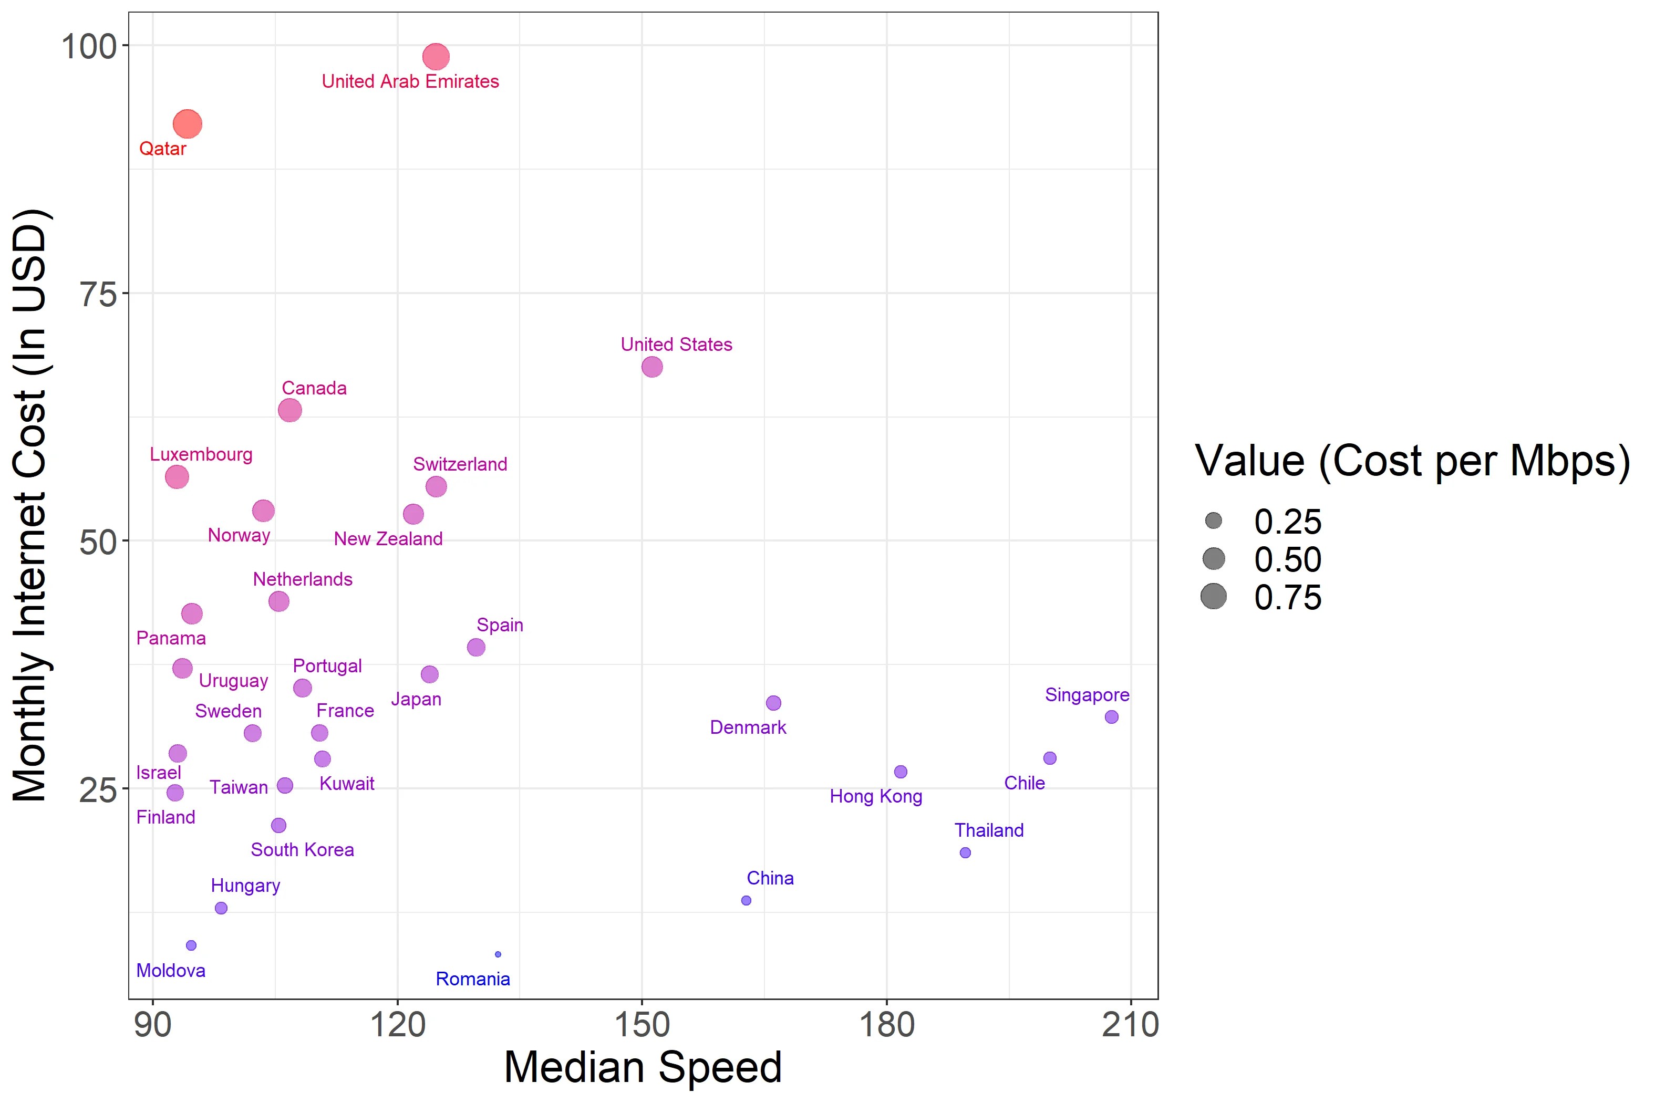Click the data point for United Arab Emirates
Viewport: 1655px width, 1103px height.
tap(436, 56)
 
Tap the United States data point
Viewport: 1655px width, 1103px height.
tap(653, 367)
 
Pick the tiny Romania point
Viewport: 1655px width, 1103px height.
tap(498, 954)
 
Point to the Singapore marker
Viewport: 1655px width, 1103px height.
tap(1112, 717)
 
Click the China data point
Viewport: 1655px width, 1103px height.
tap(747, 900)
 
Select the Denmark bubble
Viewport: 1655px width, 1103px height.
tap(773, 703)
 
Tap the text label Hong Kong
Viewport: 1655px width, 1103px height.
tap(875, 796)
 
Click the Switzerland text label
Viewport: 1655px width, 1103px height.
tap(460, 464)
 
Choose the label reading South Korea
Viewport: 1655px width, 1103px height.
tap(302, 850)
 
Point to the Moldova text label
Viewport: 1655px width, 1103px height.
tap(170, 971)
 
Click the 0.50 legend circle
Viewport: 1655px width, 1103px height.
tap(1214, 559)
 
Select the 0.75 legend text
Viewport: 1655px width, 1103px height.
tap(1288, 598)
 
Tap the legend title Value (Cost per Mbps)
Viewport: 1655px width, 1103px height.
tap(1412, 462)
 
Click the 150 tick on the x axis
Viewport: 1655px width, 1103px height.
tap(642, 1025)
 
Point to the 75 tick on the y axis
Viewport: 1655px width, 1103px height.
tap(97, 293)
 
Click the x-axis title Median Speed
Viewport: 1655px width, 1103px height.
tap(643, 1067)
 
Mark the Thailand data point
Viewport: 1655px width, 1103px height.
tap(966, 852)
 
